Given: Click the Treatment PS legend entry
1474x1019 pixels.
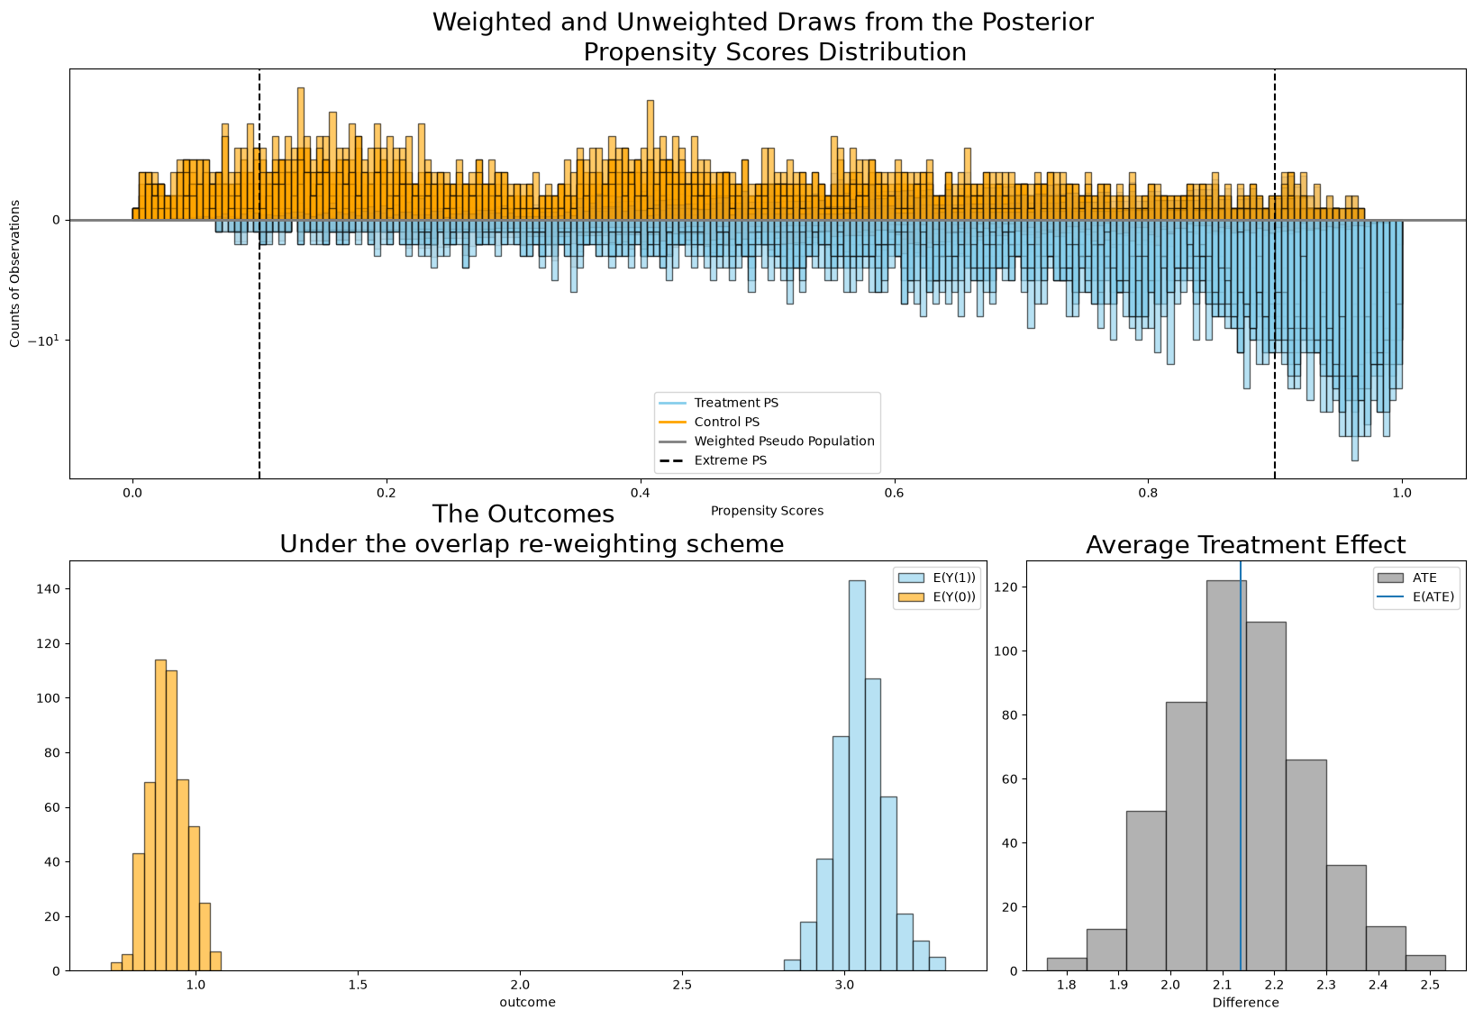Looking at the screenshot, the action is click(719, 403).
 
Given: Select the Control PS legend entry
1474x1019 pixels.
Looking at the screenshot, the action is click(709, 422).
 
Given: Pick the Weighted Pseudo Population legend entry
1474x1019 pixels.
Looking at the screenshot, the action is click(767, 441).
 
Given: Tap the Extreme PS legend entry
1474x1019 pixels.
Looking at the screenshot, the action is click(713, 459).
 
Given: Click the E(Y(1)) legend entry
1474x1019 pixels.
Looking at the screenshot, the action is click(937, 578).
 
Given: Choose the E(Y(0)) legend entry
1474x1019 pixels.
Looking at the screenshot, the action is click(937, 596).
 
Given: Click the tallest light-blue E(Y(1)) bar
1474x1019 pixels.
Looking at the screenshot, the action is click(857, 776).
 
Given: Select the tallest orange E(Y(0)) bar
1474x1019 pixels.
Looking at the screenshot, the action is click(160, 815).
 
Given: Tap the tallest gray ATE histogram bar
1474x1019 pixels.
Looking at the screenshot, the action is click(1226, 776).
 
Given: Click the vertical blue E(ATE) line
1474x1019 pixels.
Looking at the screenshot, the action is click(1241, 766).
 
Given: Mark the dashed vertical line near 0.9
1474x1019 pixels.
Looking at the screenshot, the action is click(1275, 274).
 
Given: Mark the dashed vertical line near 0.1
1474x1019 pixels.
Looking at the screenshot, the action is click(259, 274).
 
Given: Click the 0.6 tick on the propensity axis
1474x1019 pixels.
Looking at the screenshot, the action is click(895, 493).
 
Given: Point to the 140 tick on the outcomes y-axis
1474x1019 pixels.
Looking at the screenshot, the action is click(48, 588).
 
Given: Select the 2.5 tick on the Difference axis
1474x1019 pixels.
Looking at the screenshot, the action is click(1429, 985).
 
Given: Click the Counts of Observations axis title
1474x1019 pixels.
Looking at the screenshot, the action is click(14, 274).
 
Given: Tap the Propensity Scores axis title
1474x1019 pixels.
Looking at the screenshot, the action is click(768, 511).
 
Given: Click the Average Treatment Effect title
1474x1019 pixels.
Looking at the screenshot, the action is click(1246, 545).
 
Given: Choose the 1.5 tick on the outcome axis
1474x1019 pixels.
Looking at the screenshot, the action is click(358, 985).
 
